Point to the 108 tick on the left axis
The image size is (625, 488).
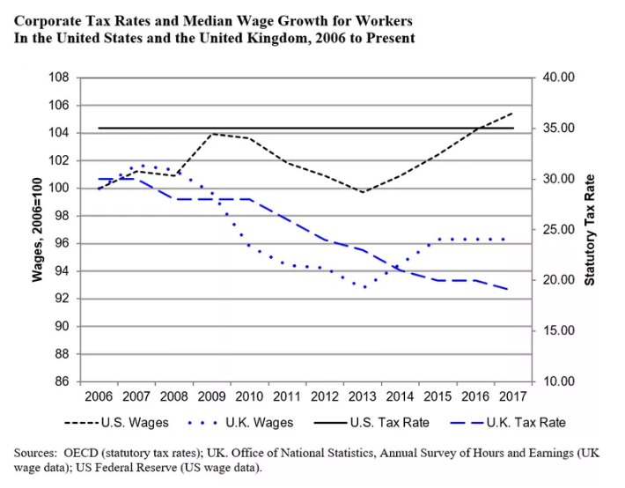click(61, 78)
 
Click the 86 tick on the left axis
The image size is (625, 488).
click(64, 381)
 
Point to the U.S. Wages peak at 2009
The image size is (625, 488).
click(211, 134)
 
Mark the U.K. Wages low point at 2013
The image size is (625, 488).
click(364, 286)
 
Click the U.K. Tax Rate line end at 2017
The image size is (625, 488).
click(509, 290)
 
